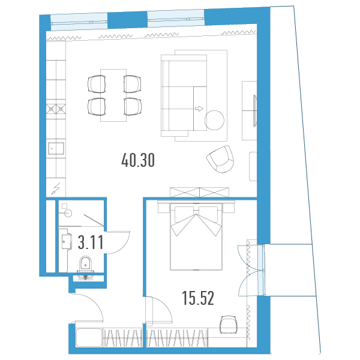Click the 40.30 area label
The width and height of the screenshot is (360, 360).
click(138, 160)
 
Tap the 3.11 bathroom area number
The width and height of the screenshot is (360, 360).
click(91, 242)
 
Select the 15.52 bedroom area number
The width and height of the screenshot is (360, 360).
click(198, 298)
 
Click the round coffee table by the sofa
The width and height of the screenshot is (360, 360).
click(214, 120)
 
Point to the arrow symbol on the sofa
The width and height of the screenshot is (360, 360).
click(199, 109)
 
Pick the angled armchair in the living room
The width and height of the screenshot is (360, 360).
click(221, 159)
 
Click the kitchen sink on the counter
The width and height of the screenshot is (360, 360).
click(56, 148)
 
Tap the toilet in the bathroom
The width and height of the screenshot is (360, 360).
click(85, 264)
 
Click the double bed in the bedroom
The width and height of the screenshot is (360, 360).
click(196, 236)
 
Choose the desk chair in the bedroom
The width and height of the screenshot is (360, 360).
click(228, 325)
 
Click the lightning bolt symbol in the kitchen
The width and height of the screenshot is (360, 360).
click(56, 189)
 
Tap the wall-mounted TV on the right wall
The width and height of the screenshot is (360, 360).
click(254, 111)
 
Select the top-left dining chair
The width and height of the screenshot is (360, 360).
click(97, 84)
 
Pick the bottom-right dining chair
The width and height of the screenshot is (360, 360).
click(133, 107)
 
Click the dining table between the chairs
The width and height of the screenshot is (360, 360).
click(113, 95)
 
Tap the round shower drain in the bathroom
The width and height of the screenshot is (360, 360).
click(68, 213)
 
